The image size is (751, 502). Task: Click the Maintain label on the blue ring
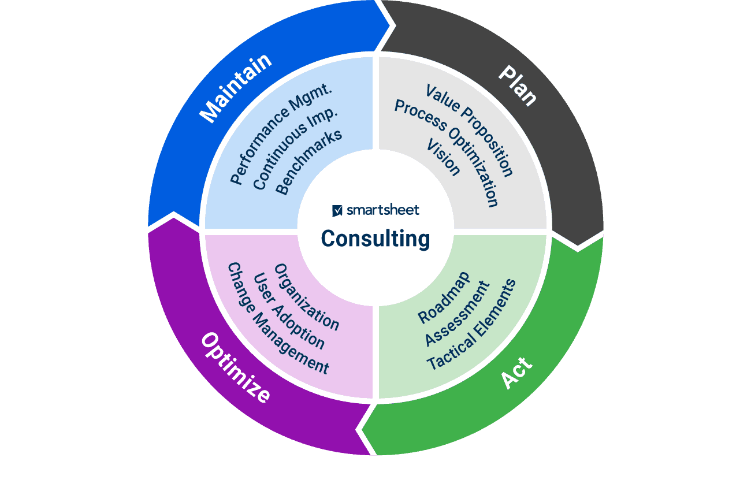pyautogui.click(x=235, y=88)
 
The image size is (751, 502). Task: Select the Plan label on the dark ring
pyautogui.click(x=518, y=85)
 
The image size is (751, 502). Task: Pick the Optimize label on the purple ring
pyautogui.click(x=235, y=368)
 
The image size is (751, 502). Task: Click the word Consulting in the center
pyautogui.click(x=375, y=239)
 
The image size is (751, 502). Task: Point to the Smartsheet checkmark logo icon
pyautogui.click(x=337, y=211)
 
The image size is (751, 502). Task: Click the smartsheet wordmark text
pyautogui.click(x=383, y=210)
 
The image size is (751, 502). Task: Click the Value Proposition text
pyautogui.click(x=469, y=131)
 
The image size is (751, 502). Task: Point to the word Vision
pyautogui.click(x=443, y=158)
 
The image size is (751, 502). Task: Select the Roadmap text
pyautogui.click(x=444, y=297)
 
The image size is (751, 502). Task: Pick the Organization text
pyautogui.click(x=306, y=297)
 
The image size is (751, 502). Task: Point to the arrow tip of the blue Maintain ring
pyautogui.click(x=393, y=25)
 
